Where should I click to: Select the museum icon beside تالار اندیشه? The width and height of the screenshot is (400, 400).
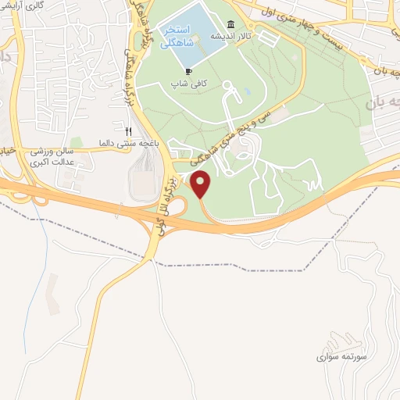(230, 24)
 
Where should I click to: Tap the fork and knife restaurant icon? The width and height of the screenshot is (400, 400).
(129, 131)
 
